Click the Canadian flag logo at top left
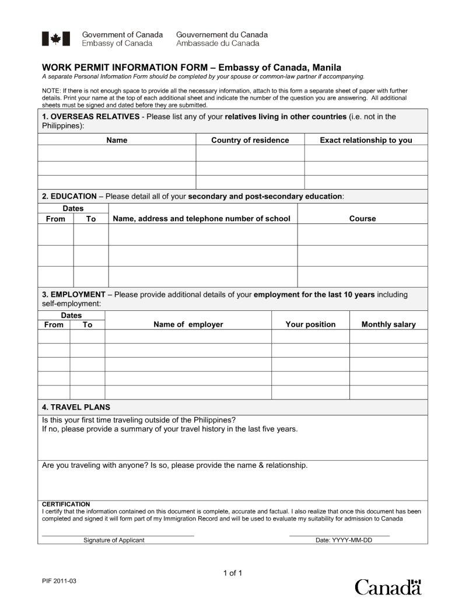tap(55, 39)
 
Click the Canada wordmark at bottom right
tap(388, 586)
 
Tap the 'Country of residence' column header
tap(250, 140)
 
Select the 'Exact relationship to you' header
tap(366, 140)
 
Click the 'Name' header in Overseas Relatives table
tap(117, 140)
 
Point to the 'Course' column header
tap(362, 219)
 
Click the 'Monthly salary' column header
tap(388, 324)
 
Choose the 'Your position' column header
tap(310, 324)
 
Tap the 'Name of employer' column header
tap(188, 324)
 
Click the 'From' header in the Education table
tap(55, 219)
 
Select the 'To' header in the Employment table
tap(87, 324)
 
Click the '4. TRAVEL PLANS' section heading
tap(76, 407)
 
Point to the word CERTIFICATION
tap(66, 504)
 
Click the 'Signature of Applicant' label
tap(114, 540)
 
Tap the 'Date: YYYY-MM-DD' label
tap(344, 540)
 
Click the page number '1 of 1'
tap(232, 573)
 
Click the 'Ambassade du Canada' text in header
tap(218, 43)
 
